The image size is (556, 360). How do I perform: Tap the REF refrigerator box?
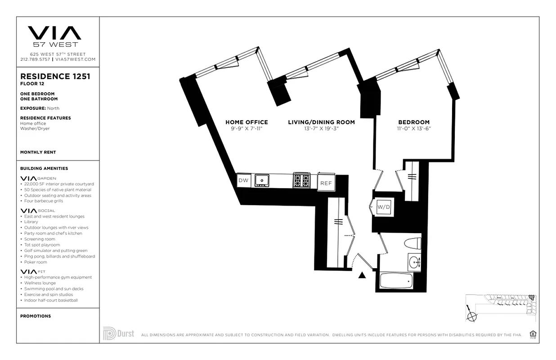[x=326, y=183]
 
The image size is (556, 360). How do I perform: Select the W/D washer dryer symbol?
[x=383, y=207]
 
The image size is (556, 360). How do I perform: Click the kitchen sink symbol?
[x=261, y=180]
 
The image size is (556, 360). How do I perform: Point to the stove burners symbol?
[x=301, y=180]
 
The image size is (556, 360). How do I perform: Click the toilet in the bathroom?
[x=413, y=243]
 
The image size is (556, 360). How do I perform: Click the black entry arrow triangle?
[x=362, y=275]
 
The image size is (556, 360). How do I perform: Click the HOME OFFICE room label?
[x=247, y=122]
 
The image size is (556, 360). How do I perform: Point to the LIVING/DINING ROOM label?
[x=321, y=122]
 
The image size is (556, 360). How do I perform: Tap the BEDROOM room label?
[x=414, y=122]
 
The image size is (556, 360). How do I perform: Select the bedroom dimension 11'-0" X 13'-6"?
[x=414, y=129]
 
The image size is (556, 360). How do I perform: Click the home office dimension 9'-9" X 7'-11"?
[x=247, y=129]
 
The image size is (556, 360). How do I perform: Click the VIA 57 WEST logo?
[x=55, y=36]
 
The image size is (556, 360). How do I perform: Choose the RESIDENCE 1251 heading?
[x=55, y=76]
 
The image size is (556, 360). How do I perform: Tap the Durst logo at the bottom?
[x=118, y=334]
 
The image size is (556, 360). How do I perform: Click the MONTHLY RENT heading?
[x=38, y=152]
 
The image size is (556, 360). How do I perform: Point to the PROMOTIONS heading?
[x=36, y=316]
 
